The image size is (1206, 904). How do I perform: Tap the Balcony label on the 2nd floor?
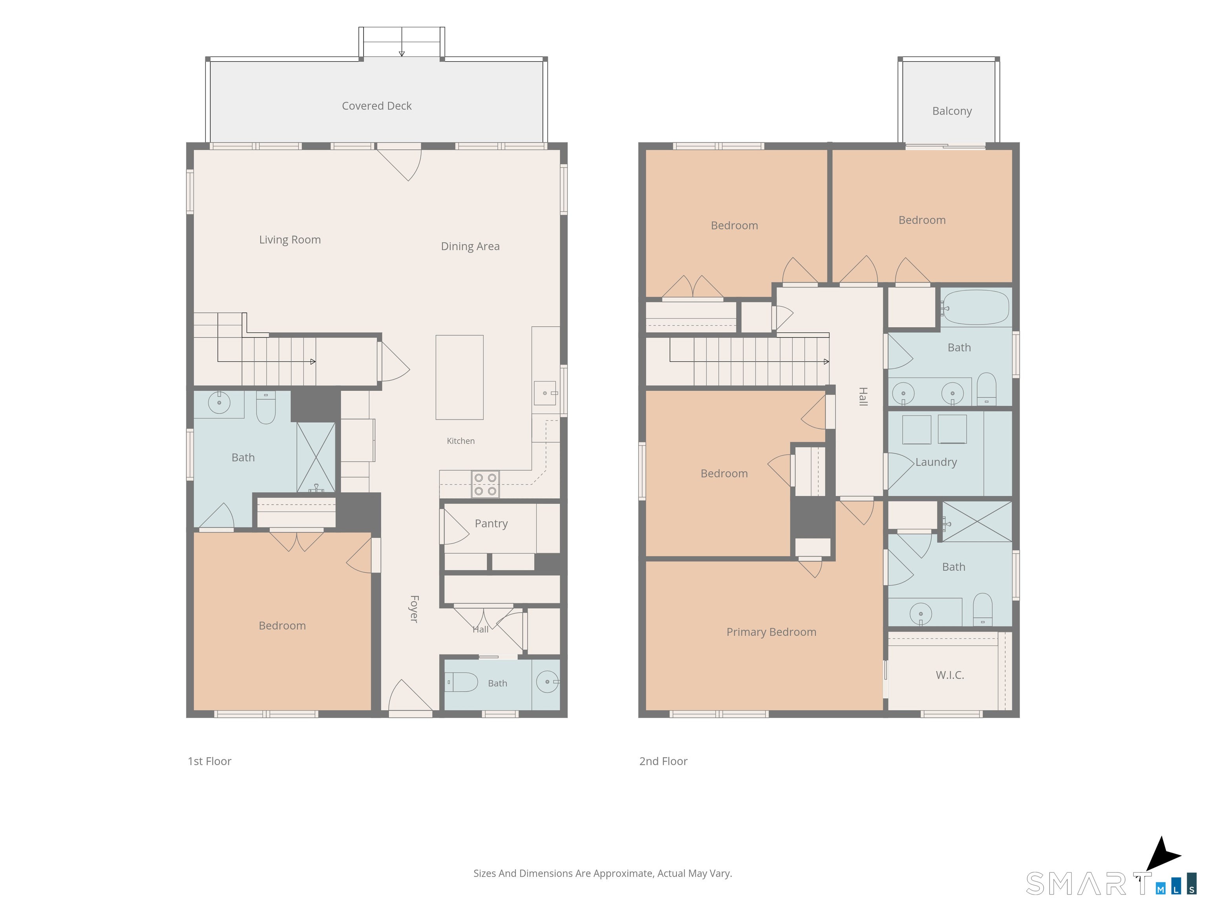pos(952,111)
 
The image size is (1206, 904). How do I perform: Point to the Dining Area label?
pos(470,246)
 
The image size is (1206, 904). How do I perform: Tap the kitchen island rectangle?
pos(459,377)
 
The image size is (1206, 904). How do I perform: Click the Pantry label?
pos(491,524)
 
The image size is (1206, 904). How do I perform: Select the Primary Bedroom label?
pos(771,632)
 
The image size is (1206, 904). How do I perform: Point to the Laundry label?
pos(936,462)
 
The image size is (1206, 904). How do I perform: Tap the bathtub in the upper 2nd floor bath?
pos(976,307)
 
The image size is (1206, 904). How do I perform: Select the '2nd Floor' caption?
pos(663,761)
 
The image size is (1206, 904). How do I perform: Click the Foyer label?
pos(414,609)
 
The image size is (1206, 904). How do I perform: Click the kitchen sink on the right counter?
pos(545,393)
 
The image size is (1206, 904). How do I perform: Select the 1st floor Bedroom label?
pos(282,625)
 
